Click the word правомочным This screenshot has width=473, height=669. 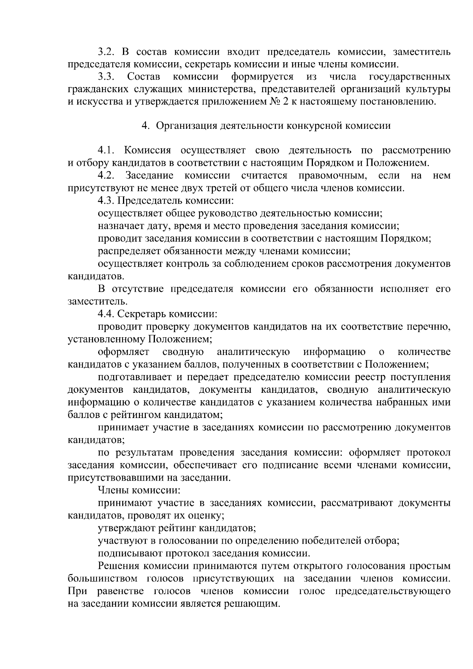coord(332,176)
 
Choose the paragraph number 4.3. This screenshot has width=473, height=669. coord(106,201)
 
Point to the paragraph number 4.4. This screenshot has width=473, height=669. coord(106,314)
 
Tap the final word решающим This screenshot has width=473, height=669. coord(252,604)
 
